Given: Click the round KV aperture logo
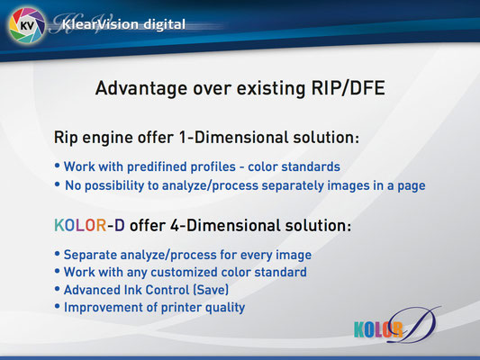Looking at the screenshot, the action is click(x=27, y=25).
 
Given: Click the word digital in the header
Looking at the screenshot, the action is click(x=165, y=25).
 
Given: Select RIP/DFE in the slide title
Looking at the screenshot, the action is click(x=348, y=88).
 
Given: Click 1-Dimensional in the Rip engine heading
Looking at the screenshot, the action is click(x=233, y=138).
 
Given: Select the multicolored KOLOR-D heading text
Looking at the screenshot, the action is click(x=89, y=225).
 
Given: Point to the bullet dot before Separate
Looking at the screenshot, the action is click(x=57, y=254).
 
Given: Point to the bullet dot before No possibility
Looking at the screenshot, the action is click(x=57, y=184).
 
